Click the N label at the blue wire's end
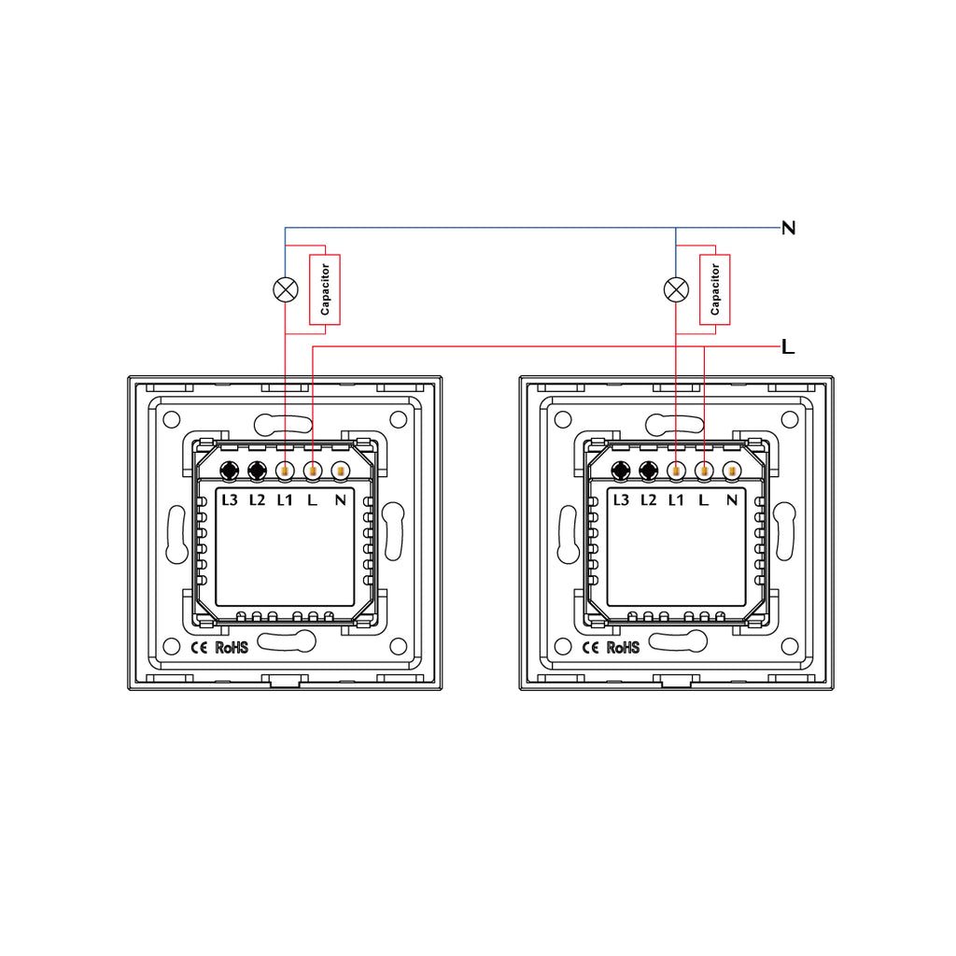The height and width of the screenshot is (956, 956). pyautogui.click(x=788, y=228)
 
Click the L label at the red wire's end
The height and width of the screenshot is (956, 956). pyautogui.click(x=788, y=347)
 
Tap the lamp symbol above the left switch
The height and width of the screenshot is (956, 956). pyautogui.click(x=286, y=289)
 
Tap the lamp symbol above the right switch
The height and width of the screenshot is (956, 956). pyautogui.click(x=676, y=289)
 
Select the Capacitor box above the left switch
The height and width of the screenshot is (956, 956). pyautogui.click(x=325, y=289)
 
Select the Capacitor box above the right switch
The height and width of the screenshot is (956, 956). pyautogui.click(x=715, y=289)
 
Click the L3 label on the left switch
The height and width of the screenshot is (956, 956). pyautogui.click(x=230, y=500)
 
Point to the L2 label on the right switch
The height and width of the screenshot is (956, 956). pyautogui.click(x=649, y=500)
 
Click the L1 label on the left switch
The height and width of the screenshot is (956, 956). pyautogui.click(x=285, y=500)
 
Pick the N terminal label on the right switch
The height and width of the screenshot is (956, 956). pyautogui.click(x=732, y=500)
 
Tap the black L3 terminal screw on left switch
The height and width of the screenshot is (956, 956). pyautogui.click(x=230, y=471)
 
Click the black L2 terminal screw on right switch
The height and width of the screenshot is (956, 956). pyautogui.click(x=649, y=471)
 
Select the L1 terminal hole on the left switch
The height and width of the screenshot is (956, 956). pyautogui.click(x=285, y=471)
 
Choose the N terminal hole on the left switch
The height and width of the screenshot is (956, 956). pyautogui.click(x=340, y=471)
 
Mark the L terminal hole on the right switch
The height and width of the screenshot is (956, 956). pyautogui.click(x=704, y=471)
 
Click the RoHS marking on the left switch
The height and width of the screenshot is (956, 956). pyautogui.click(x=232, y=648)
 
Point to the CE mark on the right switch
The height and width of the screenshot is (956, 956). pyautogui.click(x=590, y=648)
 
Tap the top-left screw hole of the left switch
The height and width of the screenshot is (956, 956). pyautogui.click(x=172, y=419)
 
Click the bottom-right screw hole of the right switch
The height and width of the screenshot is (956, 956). pyautogui.click(x=790, y=646)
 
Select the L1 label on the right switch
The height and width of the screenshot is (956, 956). pyautogui.click(x=676, y=500)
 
